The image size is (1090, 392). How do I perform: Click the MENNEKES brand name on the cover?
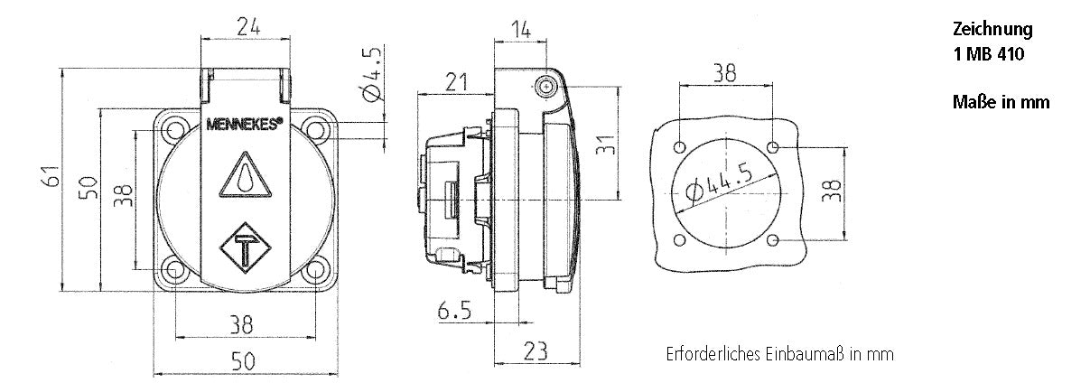[244, 124]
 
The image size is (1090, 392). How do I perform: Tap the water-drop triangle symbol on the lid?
[246, 174]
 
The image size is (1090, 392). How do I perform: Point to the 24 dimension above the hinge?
[248, 27]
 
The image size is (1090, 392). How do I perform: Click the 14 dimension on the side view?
[521, 30]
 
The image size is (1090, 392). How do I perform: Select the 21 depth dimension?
[456, 82]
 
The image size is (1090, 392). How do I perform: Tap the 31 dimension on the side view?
[606, 145]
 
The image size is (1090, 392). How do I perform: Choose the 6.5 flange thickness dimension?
[454, 310]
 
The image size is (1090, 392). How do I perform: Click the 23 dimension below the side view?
[536, 350]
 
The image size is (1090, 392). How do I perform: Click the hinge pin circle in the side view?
[546, 88]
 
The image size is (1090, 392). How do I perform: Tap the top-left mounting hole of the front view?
[173, 130]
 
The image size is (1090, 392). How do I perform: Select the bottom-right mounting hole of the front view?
[315, 269]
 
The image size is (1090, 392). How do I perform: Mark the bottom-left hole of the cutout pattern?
[680, 240]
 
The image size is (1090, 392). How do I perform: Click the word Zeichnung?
[992, 30]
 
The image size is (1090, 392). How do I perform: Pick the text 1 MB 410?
[989, 54]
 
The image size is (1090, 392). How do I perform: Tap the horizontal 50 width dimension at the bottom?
[243, 361]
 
